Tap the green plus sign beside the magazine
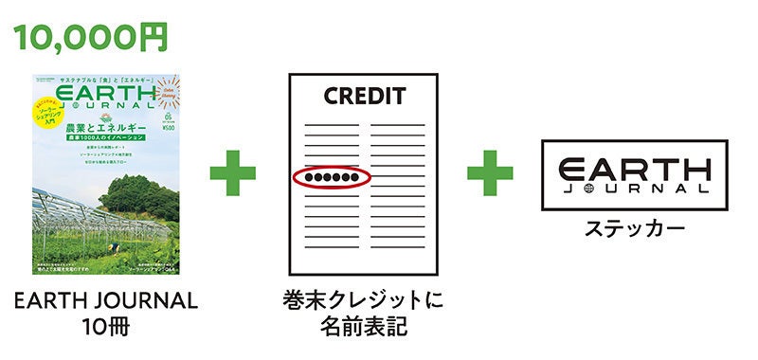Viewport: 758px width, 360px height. [x=232, y=176]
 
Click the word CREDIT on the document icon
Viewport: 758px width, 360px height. [x=364, y=96]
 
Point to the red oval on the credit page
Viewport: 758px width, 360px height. [x=330, y=177]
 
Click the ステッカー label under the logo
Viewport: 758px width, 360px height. [x=633, y=229]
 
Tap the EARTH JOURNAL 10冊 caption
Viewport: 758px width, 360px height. [x=105, y=314]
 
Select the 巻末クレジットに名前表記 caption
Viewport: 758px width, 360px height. [x=363, y=314]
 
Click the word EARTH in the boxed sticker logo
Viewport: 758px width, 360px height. [x=633, y=169]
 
